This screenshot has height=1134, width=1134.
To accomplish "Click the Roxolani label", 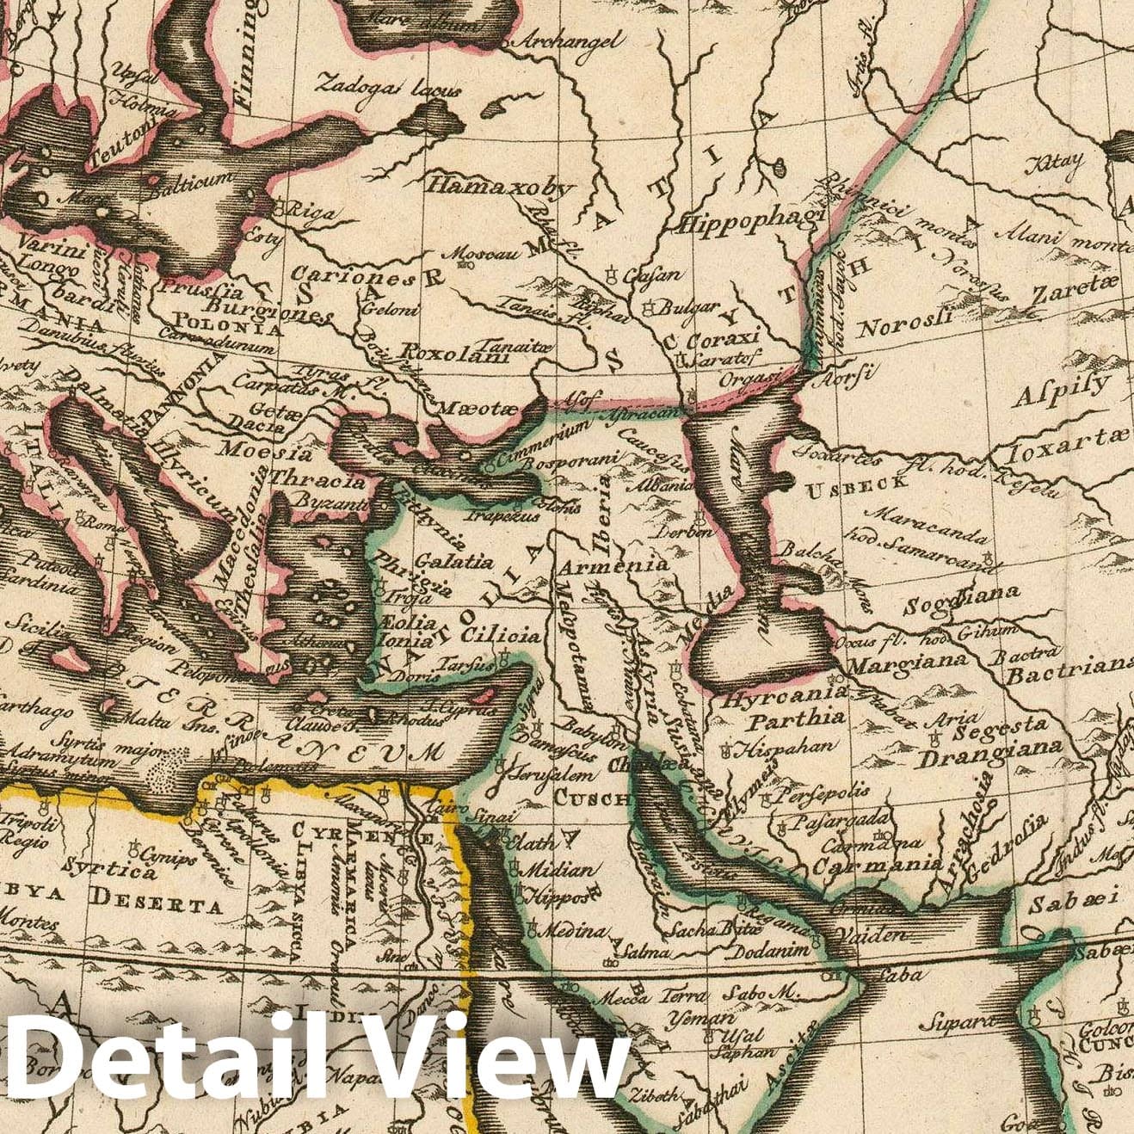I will point(456,352).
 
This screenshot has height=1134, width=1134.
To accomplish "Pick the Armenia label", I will point(613,565).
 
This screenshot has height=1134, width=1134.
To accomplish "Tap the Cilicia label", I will point(502,636).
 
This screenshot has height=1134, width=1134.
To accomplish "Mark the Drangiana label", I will point(989,755).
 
